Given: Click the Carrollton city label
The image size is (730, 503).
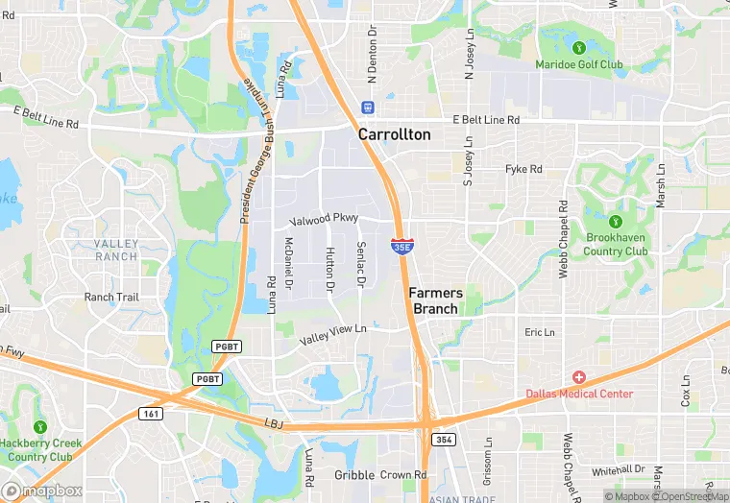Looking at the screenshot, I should [394, 135].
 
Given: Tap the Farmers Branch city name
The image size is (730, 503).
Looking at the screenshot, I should [435, 300].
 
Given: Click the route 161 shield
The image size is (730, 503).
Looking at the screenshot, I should [149, 414].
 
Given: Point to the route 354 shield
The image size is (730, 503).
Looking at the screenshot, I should [442, 439].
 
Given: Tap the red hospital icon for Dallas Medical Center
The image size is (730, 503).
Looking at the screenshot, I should [579, 377].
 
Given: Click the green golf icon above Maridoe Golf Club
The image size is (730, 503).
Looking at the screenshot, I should [579, 47].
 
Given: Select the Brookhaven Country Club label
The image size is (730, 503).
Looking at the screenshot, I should [616, 244].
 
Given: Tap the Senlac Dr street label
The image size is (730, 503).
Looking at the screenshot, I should [361, 264].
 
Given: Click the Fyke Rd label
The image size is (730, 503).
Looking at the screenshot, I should [523, 169].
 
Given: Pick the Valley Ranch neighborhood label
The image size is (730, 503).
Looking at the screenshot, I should [116, 250].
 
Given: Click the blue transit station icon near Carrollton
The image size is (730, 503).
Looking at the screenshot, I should [366, 107].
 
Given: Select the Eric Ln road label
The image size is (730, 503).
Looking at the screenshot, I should [540, 332].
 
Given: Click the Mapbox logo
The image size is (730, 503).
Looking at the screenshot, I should [41, 490].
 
